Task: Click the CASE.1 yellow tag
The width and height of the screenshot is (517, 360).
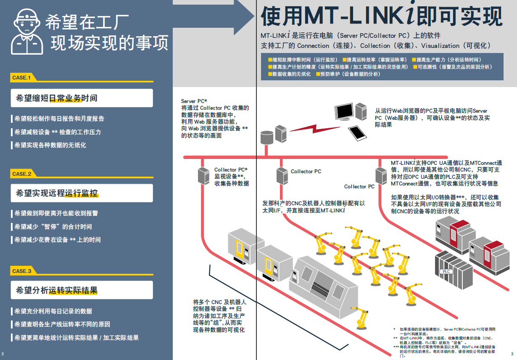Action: click(22, 77)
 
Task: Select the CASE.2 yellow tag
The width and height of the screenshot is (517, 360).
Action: click(22, 174)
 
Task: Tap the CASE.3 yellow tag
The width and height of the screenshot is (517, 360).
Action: click(22, 271)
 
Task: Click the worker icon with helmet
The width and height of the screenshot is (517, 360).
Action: click(27, 32)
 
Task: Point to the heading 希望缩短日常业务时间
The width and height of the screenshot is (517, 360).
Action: click(56, 98)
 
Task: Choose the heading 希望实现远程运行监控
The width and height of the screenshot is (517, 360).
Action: click(57, 193)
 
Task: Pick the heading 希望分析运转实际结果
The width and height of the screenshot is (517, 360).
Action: click(56, 290)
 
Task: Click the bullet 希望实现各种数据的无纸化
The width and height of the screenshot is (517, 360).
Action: click(50, 145)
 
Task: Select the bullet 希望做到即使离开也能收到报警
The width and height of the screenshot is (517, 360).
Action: click(56, 213)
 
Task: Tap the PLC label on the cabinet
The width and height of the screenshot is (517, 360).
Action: click(446, 272)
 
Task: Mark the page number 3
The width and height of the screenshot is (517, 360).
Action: click(512, 354)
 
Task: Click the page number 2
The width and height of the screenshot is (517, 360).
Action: click(3, 354)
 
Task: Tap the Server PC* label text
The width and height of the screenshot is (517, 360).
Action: click(194, 101)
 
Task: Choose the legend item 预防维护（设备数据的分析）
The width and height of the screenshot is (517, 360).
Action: click(349, 74)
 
